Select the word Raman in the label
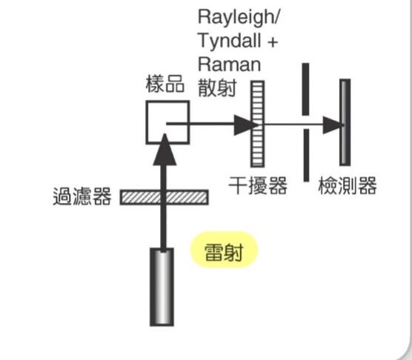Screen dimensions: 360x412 tap(229, 64)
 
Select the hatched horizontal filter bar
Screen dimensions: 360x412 tap(164, 197)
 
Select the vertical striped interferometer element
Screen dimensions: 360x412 tap(258, 125)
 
